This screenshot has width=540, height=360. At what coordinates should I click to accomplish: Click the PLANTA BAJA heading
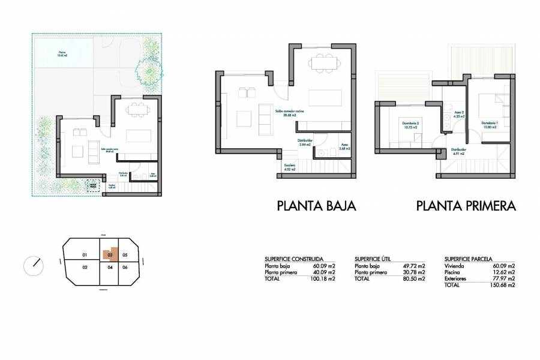point(316,206)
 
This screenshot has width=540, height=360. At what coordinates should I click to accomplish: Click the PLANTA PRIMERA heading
point(466,206)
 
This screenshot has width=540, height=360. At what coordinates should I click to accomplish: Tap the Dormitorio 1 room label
point(490,125)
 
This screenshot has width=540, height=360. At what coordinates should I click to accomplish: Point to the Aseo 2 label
point(459,113)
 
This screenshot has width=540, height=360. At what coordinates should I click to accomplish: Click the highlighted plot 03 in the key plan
point(110,254)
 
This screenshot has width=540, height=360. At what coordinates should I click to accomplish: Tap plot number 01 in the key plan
point(85,254)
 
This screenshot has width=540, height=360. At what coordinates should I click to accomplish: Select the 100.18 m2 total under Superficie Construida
point(325,279)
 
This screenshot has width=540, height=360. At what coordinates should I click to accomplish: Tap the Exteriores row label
point(455,279)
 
